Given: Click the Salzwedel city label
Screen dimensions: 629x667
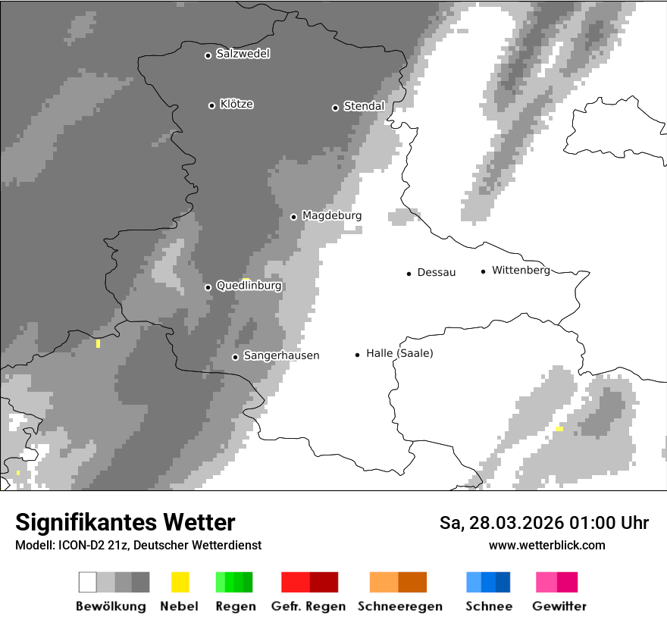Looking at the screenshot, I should click(x=243, y=54).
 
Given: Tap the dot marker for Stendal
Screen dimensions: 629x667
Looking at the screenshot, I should click(x=335, y=108).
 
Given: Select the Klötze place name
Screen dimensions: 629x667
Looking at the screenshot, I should click(x=236, y=104).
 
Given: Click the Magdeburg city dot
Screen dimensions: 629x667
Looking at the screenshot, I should click(x=293, y=217).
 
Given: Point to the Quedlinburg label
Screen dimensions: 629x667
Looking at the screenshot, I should click(x=249, y=286).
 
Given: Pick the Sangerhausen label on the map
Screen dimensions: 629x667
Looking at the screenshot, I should click(x=281, y=355).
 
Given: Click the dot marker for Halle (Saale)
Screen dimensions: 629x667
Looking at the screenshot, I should click(x=357, y=354).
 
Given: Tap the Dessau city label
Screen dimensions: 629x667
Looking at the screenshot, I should click(x=437, y=272).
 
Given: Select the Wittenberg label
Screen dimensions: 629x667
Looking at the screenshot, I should click(x=521, y=270).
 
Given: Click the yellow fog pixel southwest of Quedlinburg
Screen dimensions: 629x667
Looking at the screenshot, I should click(x=98, y=343).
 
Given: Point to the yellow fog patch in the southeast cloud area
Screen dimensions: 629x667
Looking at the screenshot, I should click(x=559, y=429).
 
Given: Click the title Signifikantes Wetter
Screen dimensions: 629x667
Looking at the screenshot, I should click(x=125, y=522).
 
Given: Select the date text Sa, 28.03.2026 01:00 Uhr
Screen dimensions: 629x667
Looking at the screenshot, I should click(x=543, y=523).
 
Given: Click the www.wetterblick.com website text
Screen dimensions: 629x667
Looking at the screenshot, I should click(x=546, y=545).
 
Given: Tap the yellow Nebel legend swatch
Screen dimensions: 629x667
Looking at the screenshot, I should click(x=180, y=582).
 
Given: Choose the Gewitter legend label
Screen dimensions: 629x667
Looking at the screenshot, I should click(x=559, y=606).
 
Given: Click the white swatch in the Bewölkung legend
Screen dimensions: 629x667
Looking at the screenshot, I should click(x=88, y=582).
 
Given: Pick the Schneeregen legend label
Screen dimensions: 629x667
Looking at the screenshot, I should click(x=400, y=606).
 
